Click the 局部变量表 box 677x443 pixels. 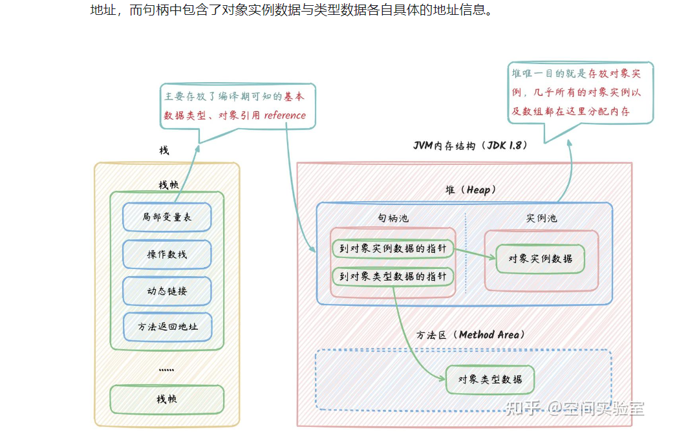[167, 217]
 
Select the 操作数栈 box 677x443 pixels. [167, 254]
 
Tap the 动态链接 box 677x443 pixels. [167, 291]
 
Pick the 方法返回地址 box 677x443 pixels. [167, 327]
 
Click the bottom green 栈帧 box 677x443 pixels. [167, 399]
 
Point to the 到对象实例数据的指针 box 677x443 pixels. [392, 249]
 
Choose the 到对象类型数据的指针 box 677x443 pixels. [392, 276]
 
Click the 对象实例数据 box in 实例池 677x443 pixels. [540, 259]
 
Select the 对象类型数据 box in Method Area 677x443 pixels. [490, 379]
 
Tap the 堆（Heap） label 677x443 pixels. [470, 190]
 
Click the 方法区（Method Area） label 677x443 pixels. [471, 335]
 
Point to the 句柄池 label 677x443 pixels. [393, 219]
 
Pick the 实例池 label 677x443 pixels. [541, 219]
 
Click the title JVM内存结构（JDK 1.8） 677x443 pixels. [471, 146]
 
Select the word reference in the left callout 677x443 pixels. [285, 115]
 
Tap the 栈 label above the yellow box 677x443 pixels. [164, 150]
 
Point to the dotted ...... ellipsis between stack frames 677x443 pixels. [166, 369]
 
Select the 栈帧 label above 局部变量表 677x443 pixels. [168, 185]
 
